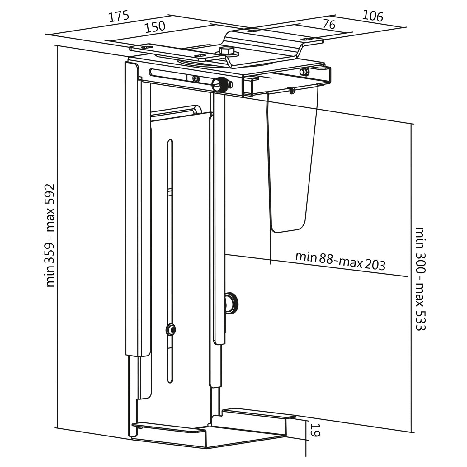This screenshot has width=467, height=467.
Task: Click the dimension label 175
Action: (118, 16)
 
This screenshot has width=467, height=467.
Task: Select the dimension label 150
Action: (155, 27)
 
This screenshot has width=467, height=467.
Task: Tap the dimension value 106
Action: (373, 16)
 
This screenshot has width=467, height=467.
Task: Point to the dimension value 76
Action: (329, 24)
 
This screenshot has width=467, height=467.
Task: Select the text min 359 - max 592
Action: (50, 235)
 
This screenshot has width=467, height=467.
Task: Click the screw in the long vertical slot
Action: (170, 329)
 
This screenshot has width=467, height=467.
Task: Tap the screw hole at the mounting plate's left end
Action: (144, 47)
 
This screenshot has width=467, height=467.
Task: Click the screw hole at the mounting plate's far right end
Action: (306, 39)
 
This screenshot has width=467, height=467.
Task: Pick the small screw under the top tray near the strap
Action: (292, 91)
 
